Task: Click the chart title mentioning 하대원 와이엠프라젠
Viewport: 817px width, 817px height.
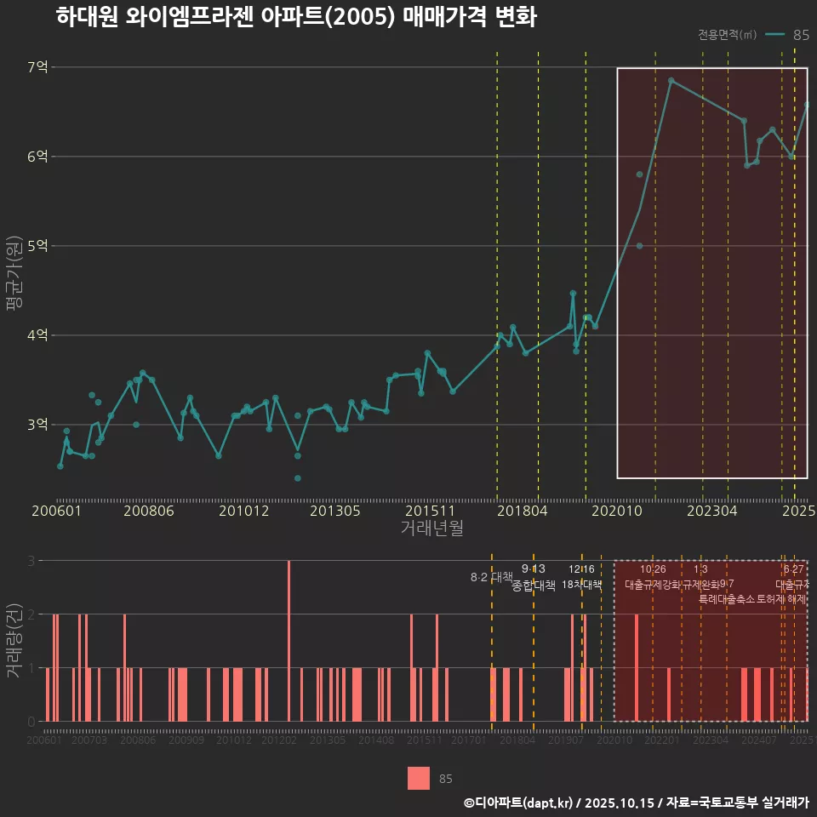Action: pyautogui.click(x=295, y=17)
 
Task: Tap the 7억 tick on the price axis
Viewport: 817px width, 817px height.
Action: pyautogui.click(x=37, y=67)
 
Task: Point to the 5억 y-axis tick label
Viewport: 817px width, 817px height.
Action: pyautogui.click(x=37, y=246)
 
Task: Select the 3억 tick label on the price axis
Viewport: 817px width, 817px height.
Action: pyautogui.click(x=37, y=425)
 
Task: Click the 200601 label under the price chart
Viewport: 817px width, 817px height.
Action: pyautogui.click(x=56, y=511)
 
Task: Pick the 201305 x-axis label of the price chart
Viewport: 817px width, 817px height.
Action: pyautogui.click(x=334, y=511)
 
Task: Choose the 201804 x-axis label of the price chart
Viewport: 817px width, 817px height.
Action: pyautogui.click(x=522, y=511)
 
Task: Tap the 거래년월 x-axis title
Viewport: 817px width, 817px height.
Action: pyautogui.click(x=431, y=528)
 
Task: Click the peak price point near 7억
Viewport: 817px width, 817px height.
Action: pyautogui.click(x=671, y=81)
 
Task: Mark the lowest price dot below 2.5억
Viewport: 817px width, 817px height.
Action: pyautogui.click(x=297, y=478)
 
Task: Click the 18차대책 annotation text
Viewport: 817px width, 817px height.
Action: pyautogui.click(x=582, y=585)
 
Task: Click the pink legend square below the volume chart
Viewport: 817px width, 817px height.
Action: pyautogui.click(x=419, y=778)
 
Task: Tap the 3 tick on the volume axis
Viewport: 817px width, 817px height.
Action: pyautogui.click(x=31, y=561)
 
